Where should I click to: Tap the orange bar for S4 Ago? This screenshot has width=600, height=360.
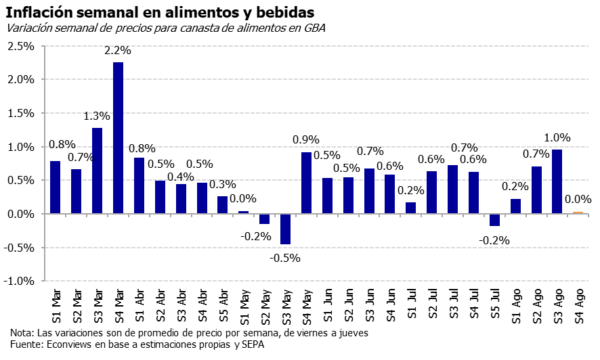click(578, 212)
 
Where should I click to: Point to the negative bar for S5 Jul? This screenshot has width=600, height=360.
click(494, 220)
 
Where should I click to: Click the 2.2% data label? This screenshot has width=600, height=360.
click(118, 51)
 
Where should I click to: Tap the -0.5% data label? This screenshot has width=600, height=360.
click(286, 257)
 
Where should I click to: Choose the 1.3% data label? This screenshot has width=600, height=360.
click(97, 116)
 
